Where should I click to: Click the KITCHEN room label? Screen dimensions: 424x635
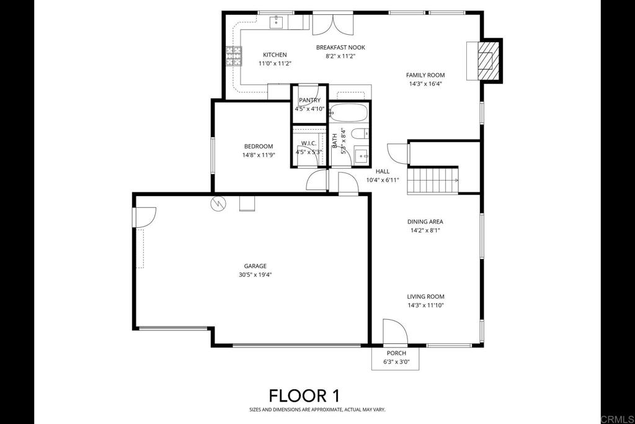[274, 55]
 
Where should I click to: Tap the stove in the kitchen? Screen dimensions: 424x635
[233, 56]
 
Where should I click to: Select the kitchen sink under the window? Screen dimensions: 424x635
[277, 23]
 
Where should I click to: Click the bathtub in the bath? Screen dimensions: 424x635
[349, 113]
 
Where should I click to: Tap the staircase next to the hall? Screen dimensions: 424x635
[433, 181]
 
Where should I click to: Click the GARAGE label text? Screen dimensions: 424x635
[255, 266]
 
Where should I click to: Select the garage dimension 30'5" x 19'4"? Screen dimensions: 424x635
[255, 274]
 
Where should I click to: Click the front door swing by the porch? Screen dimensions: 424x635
[393, 332]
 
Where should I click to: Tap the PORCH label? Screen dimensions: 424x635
[396, 353]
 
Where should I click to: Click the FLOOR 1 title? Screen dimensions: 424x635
[303, 395]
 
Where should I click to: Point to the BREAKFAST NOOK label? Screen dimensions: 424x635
[340, 47]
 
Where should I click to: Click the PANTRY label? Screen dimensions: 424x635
[309, 100]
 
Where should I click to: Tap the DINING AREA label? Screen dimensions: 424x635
[425, 221]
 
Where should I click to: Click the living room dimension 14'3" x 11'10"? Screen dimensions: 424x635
[425, 305]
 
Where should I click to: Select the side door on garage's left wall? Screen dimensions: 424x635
[144, 217]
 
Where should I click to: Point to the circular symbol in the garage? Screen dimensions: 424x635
[218, 203]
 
